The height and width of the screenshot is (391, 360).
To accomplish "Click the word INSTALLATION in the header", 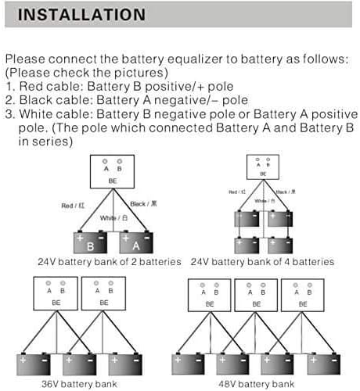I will click(x=81, y=15).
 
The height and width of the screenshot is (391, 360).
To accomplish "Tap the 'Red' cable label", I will click(x=72, y=206).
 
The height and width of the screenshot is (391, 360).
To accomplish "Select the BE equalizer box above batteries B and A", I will click(x=113, y=171).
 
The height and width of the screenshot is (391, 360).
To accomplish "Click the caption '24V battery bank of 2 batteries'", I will click(x=110, y=261).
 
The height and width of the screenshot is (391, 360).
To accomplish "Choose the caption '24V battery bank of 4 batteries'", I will click(x=263, y=261).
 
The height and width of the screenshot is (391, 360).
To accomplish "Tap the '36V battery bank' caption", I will click(x=79, y=384).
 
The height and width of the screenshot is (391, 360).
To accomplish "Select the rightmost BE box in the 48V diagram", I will click(x=302, y=295).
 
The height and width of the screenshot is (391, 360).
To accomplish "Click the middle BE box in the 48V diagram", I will click(x=256, y=295).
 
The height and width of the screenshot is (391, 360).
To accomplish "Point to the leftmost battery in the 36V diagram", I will click(x=34, y=362).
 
